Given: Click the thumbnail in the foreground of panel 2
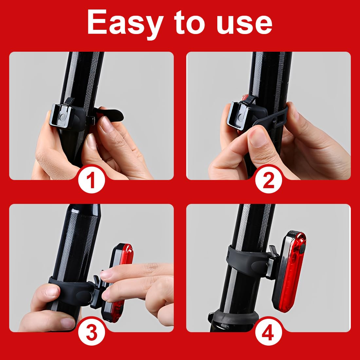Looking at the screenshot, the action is [x=258, y=137].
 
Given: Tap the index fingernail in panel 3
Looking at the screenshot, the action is [x=106, y=274].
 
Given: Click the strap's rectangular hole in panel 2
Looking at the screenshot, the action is [x=280, y=118].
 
